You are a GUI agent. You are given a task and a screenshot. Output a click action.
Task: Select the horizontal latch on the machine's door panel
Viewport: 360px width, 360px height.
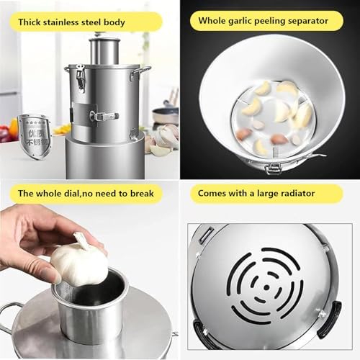click(x=103, y=116)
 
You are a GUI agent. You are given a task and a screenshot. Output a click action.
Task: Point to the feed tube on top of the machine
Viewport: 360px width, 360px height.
click(x=106, y=49)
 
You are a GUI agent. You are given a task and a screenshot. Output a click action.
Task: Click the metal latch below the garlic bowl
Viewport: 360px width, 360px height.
click(x=274, y=167)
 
